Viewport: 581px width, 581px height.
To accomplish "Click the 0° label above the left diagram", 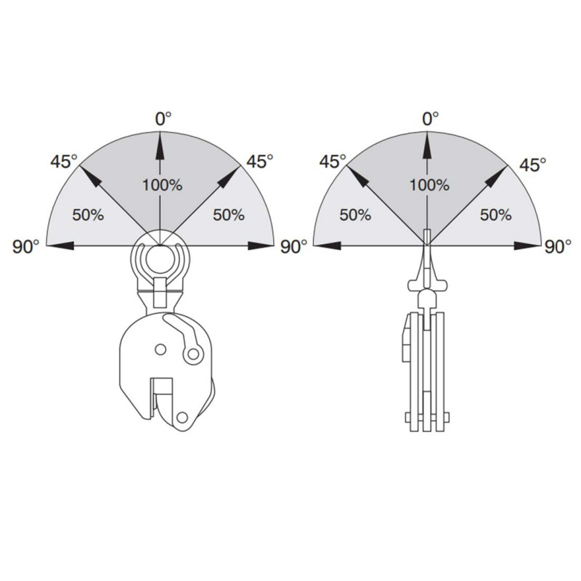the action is (163, 119).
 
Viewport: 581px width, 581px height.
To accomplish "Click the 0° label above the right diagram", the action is (431, 119).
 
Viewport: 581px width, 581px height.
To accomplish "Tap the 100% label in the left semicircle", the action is (162, 185).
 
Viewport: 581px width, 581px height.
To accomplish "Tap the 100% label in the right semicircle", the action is (429, 185).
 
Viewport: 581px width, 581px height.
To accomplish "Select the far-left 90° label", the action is (25, 247).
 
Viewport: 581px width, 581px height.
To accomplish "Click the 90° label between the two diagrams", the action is (293, 247).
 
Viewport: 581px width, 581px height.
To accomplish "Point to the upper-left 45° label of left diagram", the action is (64, 161).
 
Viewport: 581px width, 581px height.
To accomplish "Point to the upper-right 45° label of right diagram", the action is (532, 165).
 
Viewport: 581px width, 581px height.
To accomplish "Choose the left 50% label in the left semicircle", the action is (88, 215).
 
